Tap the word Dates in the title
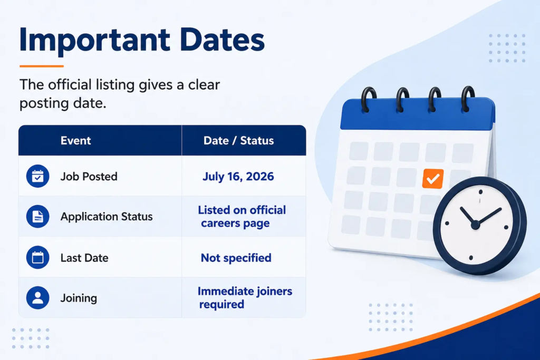[222, 40]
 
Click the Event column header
[76, 140]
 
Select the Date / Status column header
[239, 140]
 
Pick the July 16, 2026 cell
[238, 177]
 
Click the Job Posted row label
[89, 177]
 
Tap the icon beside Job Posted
[37, 176]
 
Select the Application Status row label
[107, 217]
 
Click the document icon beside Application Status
[37, 217]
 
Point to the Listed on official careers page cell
[242, 217]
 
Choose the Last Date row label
[84, 258]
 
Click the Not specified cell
[236, 258]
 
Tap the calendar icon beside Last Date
[37, 257]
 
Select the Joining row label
[79, 298]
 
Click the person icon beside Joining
[37, 298]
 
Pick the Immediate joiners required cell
[245, 298]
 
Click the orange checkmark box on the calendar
[433, 179]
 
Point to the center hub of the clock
[475, 225]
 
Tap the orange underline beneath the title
[42, 66]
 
